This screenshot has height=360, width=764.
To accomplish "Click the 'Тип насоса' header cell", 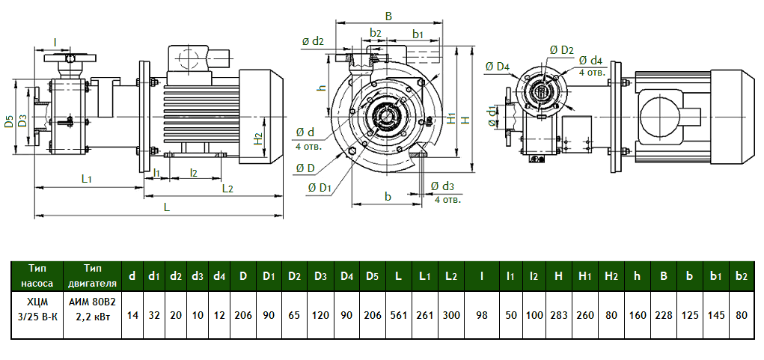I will pos(37,275).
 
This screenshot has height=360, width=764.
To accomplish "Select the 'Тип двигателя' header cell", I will pos(93,275).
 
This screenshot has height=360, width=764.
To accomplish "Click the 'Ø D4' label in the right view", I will pos(497,67).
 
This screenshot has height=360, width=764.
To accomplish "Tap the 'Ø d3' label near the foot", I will pos(443,186).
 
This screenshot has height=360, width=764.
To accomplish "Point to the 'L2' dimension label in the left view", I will pos(229,188).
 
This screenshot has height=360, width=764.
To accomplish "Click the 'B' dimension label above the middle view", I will pos(388,16).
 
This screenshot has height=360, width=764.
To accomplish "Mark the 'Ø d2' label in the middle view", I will pos(313,41).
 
